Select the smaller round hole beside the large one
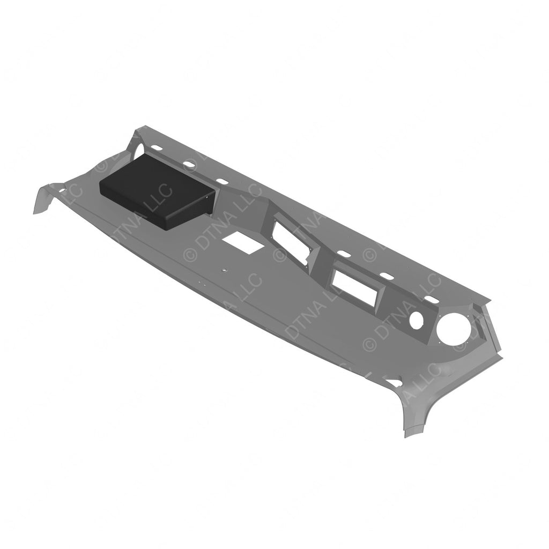point(416,318)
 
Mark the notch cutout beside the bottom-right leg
point(394,383)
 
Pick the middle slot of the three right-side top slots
point(385,275)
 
